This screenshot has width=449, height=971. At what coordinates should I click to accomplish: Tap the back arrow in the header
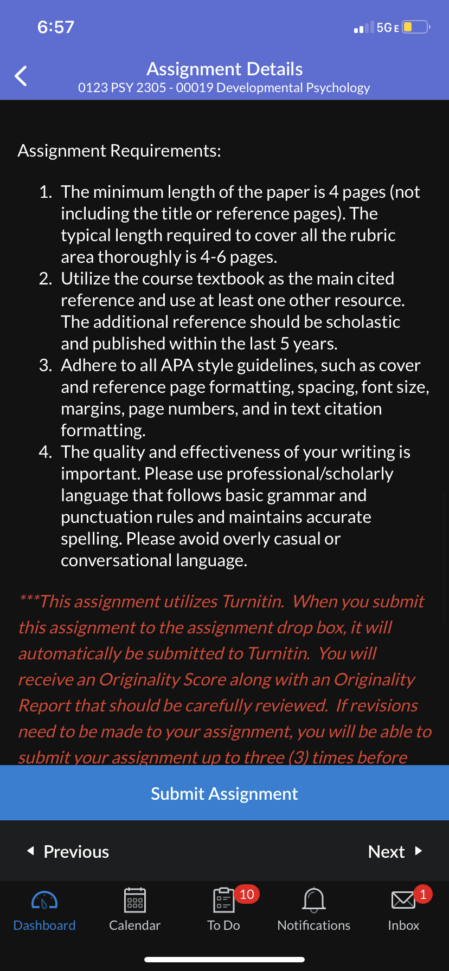tap(21, 76)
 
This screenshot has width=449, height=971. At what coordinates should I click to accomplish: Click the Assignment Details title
tap(224, 69)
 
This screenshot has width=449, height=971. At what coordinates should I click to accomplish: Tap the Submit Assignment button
tap(224, 793)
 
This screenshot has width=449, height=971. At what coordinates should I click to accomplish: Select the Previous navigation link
tap(69, 851)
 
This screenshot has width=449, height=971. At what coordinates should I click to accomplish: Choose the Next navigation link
tap(394, 851)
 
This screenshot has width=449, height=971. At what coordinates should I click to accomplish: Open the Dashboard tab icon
tap(44, 900)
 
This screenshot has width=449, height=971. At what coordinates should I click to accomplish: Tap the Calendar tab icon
tap(134, 900)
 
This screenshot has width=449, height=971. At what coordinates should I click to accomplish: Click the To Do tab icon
tap(223, 901)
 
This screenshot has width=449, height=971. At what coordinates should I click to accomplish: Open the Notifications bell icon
tap(314, 899)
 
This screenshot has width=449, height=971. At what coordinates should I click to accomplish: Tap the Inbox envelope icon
tap(403, 900)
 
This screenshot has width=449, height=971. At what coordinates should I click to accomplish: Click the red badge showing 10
tap(247, 894)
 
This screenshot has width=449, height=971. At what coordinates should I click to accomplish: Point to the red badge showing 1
tap(423, 894)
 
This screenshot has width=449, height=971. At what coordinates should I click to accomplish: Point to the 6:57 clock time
tap(56, 27)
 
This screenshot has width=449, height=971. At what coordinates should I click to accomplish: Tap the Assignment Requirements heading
tap(119, 151)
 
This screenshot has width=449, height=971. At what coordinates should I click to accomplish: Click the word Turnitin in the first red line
tap(253, 601)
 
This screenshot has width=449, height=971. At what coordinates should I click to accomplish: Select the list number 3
tap(46, 365)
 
